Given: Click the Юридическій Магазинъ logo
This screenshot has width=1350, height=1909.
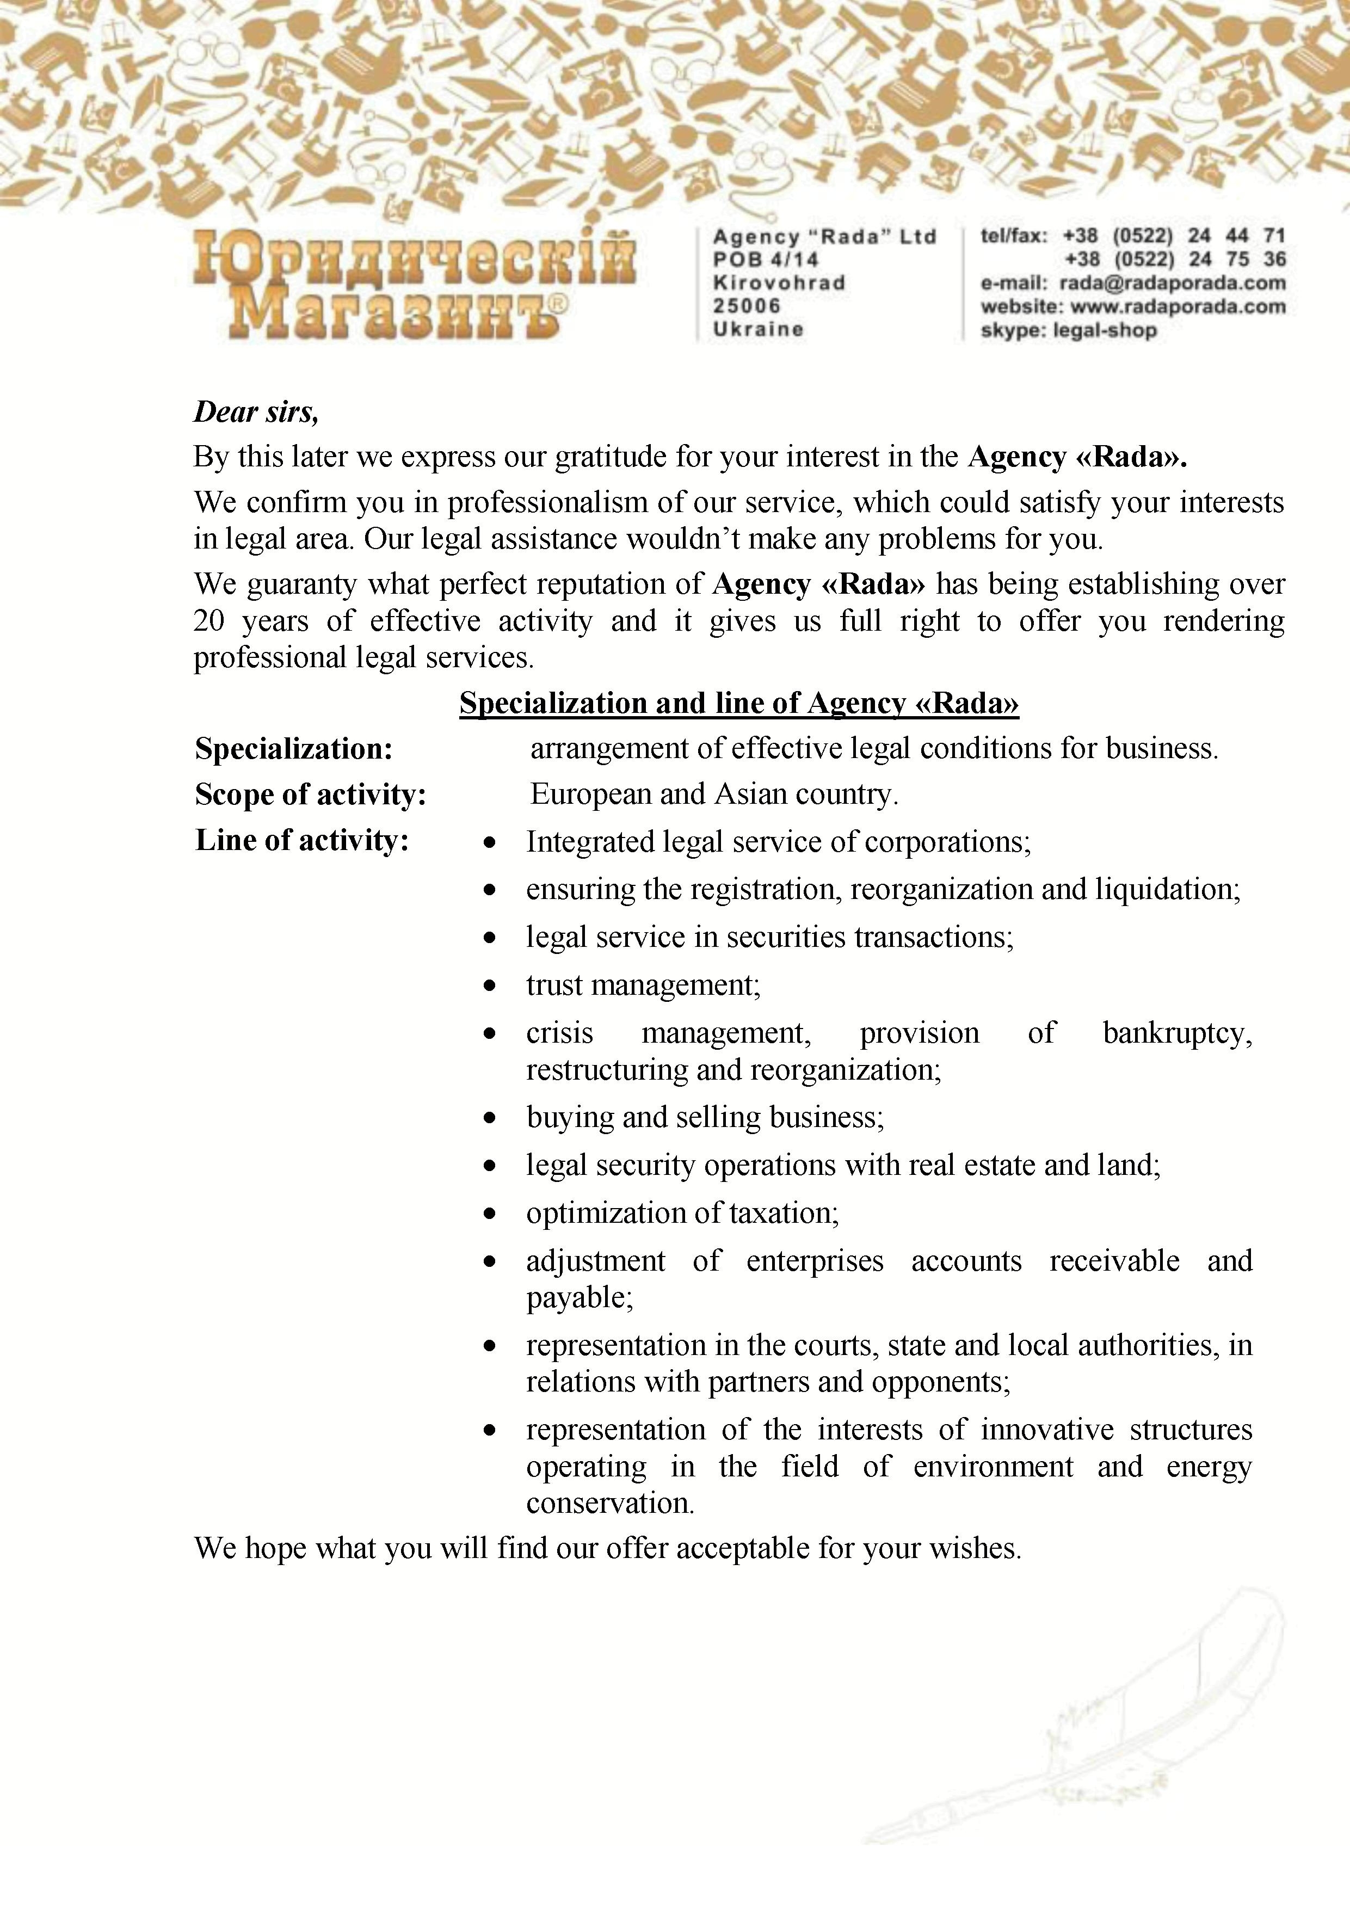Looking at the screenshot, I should click(x=414, y=285).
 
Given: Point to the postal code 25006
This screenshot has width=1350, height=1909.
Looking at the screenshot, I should click(x=747, y=306).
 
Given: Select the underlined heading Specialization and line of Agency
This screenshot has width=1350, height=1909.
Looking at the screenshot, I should click(x=739, y=704).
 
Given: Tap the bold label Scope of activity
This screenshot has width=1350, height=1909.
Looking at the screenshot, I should click(x=310, y=795).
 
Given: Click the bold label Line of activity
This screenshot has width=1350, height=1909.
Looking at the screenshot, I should click(x=302, y=841).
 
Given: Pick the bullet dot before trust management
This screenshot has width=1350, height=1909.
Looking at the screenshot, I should click(x=490, y=986).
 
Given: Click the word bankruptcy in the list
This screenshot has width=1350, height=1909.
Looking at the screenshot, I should click(x=1176, y=1033).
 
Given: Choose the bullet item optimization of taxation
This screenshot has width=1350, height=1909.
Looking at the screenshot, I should click(x=682, y=1213).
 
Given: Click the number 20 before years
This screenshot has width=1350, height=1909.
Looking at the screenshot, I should click(x=208, y=621).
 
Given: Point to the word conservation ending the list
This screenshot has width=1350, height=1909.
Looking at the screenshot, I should click(x=609, y=1503).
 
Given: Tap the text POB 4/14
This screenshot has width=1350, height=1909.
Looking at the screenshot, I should click(x=765, y=260).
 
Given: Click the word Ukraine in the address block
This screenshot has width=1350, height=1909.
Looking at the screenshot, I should click(x=758, y=329).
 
